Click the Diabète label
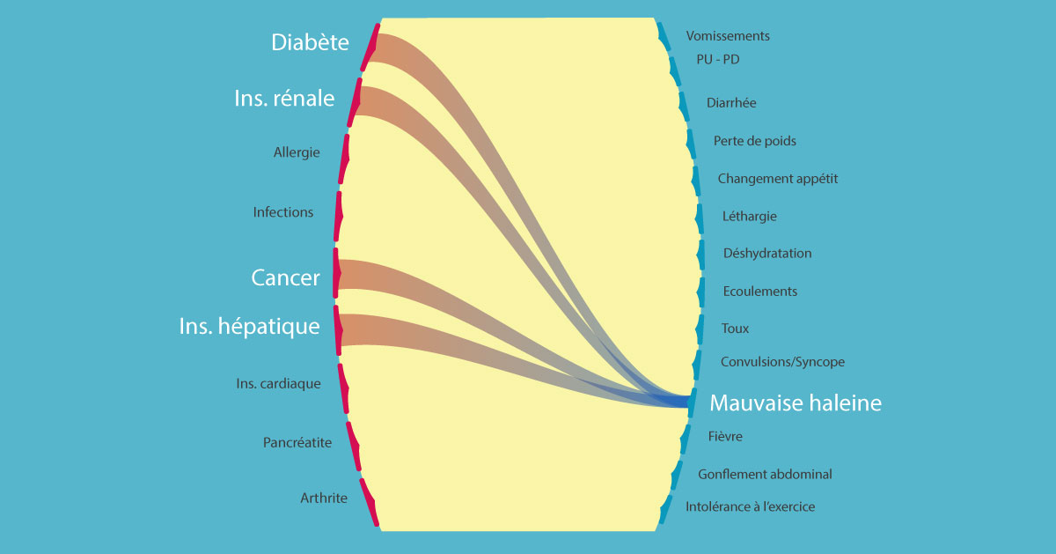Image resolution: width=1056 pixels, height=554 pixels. tap(310, 42)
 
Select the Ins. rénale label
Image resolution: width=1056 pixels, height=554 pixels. tap(284, 99)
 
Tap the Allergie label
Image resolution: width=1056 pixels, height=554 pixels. tap(297, 152)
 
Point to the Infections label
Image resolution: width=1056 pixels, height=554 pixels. tap(282, 212)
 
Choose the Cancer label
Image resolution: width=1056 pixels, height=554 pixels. tap(285, 278)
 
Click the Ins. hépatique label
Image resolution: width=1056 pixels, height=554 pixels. tap(249, 327)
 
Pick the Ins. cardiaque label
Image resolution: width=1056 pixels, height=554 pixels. tap(278, 384)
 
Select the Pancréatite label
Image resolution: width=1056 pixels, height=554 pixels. tap(297, 442)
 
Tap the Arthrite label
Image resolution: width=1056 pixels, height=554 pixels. tap(324, 499)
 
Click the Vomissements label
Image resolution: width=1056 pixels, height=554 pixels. tap(728, 36)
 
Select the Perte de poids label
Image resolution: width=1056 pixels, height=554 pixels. tap(755, 141)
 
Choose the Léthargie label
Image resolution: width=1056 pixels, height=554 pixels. tap(749, 216)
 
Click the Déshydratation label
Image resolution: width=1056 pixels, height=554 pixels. tap(767, 254)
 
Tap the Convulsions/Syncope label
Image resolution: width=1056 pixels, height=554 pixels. tap(782, 362)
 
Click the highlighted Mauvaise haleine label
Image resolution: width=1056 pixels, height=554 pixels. tap(796, 403)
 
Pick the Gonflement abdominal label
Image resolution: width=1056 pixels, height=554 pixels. tap(765, 475)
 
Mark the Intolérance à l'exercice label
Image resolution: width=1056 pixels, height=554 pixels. tap(750, 506)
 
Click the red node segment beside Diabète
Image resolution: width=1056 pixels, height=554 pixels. tap(370, 48)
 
